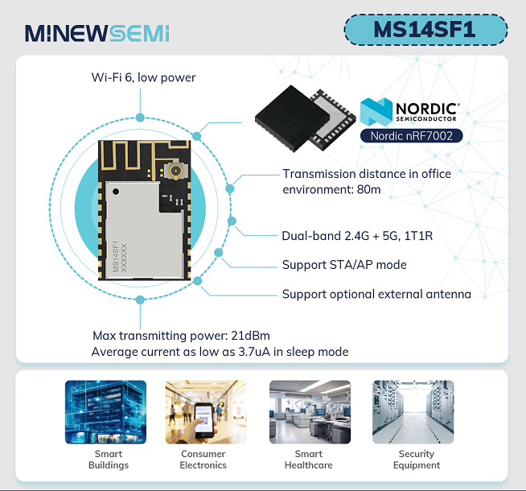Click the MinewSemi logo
[x=97, y=33]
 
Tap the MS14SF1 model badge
[x=425, y=30]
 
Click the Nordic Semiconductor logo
[x=409, y=111]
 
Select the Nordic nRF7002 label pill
[x=411, y=136]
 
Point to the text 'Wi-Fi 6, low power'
[x=143, y=77]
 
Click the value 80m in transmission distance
[x=368, y=190]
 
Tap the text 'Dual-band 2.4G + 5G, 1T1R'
[x=357, y=236]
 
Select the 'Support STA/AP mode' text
[x=344, y=265]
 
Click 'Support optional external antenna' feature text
[x=376, y=294]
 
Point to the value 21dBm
[x=251, y=336]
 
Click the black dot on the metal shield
[x=116, y=192]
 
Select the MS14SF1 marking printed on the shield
[x=116, y=256]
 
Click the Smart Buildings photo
[x=105, y=412]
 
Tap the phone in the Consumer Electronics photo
[x=204, y=420]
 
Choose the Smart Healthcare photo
[x=310, y=412]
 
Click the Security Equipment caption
[x=417, y=460]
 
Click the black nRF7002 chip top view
[x=292, y=118]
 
